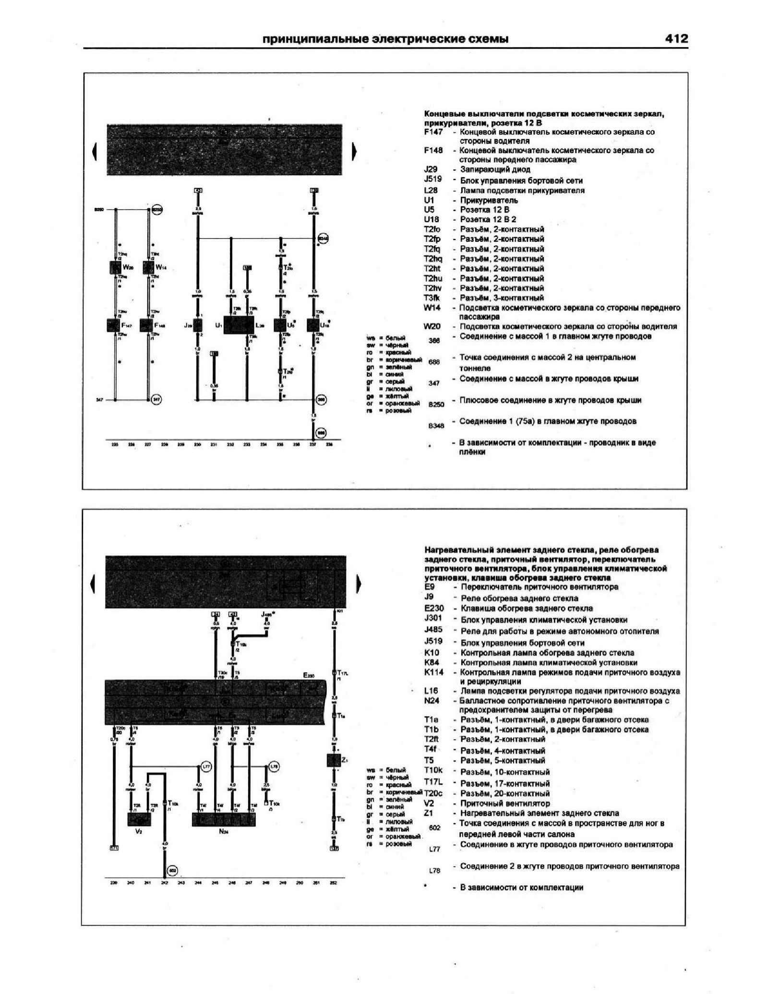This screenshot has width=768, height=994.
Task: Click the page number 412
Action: coord(676,39)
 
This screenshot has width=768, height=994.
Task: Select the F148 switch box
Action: coord(146,325)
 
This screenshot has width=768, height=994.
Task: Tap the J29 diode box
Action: coord(197,325)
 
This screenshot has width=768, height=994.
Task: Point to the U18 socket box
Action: coord(313,325)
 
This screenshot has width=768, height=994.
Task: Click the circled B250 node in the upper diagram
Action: coord(157,210)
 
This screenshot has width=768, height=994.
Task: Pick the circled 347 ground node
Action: coord(156,399)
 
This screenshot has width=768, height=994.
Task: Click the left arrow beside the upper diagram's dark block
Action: coord(95,152)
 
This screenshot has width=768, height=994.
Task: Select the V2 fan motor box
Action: coord(139,819)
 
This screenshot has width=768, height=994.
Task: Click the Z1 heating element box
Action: coord(333,761)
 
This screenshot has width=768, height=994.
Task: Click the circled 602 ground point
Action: coord(172,871)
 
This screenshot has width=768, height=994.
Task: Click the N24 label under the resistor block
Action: coord(224,831)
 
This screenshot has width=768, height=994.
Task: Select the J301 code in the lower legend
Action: coord(433,618)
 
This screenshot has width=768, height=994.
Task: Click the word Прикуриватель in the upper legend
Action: coord(489,200)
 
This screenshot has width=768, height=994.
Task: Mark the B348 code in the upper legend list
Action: coord(436,425)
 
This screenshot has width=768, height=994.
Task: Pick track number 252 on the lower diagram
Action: coord(334,883)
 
